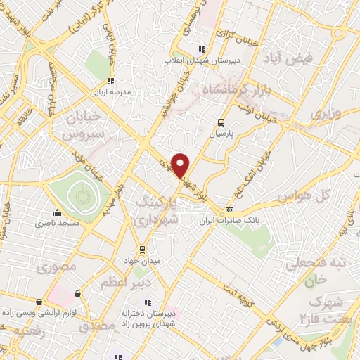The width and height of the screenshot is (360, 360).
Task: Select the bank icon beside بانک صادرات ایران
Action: [229, 211]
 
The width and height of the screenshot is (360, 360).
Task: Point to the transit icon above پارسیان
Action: [221, 121]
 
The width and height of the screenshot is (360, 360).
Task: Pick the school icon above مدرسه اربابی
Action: [110, 82]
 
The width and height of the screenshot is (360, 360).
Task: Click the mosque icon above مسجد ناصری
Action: [58, 212]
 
